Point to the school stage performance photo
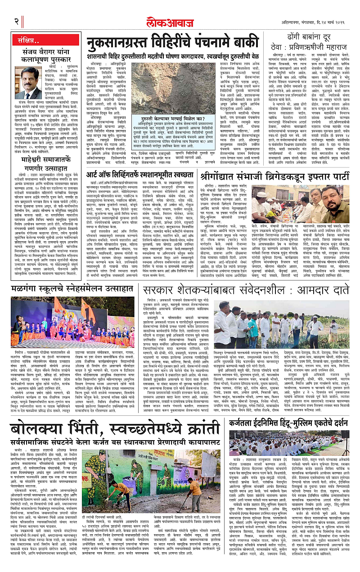coord(73,321)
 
